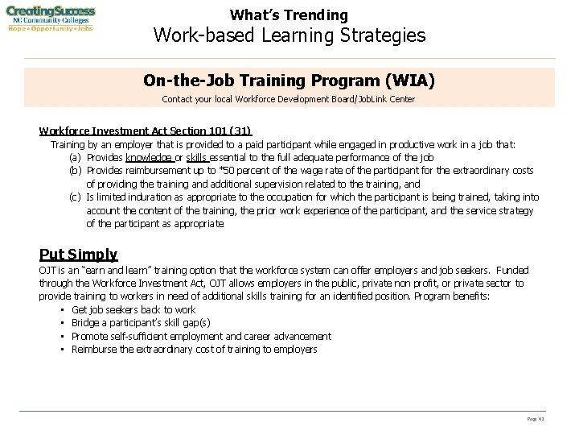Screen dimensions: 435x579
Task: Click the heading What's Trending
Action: pyautogui.click(x=289, y=14)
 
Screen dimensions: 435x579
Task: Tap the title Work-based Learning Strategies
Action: pyautogui.click(x=289, y=35)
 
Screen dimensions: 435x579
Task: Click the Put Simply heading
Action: pyautogui.click(x=78, y=255)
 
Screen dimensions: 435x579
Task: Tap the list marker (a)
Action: pyautogui.click(x=76, y=157)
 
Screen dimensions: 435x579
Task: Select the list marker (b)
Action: pyautogui.click(x=76, y=171)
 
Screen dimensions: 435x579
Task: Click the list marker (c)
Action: pyautogui.click(x=76, y=197)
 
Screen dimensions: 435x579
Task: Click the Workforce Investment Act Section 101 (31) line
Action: pyautogui.click(x=145, y=131)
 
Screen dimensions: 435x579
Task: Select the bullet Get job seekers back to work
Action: pyautogui.click(x=133, y=309)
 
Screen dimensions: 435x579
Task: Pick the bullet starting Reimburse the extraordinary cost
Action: pyautogui.click(x=194, y=349)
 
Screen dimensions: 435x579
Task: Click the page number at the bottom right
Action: pyautogui.click(x=536, y=419)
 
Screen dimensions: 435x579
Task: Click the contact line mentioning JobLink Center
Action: pyautogui.click(x=289, y=99)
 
